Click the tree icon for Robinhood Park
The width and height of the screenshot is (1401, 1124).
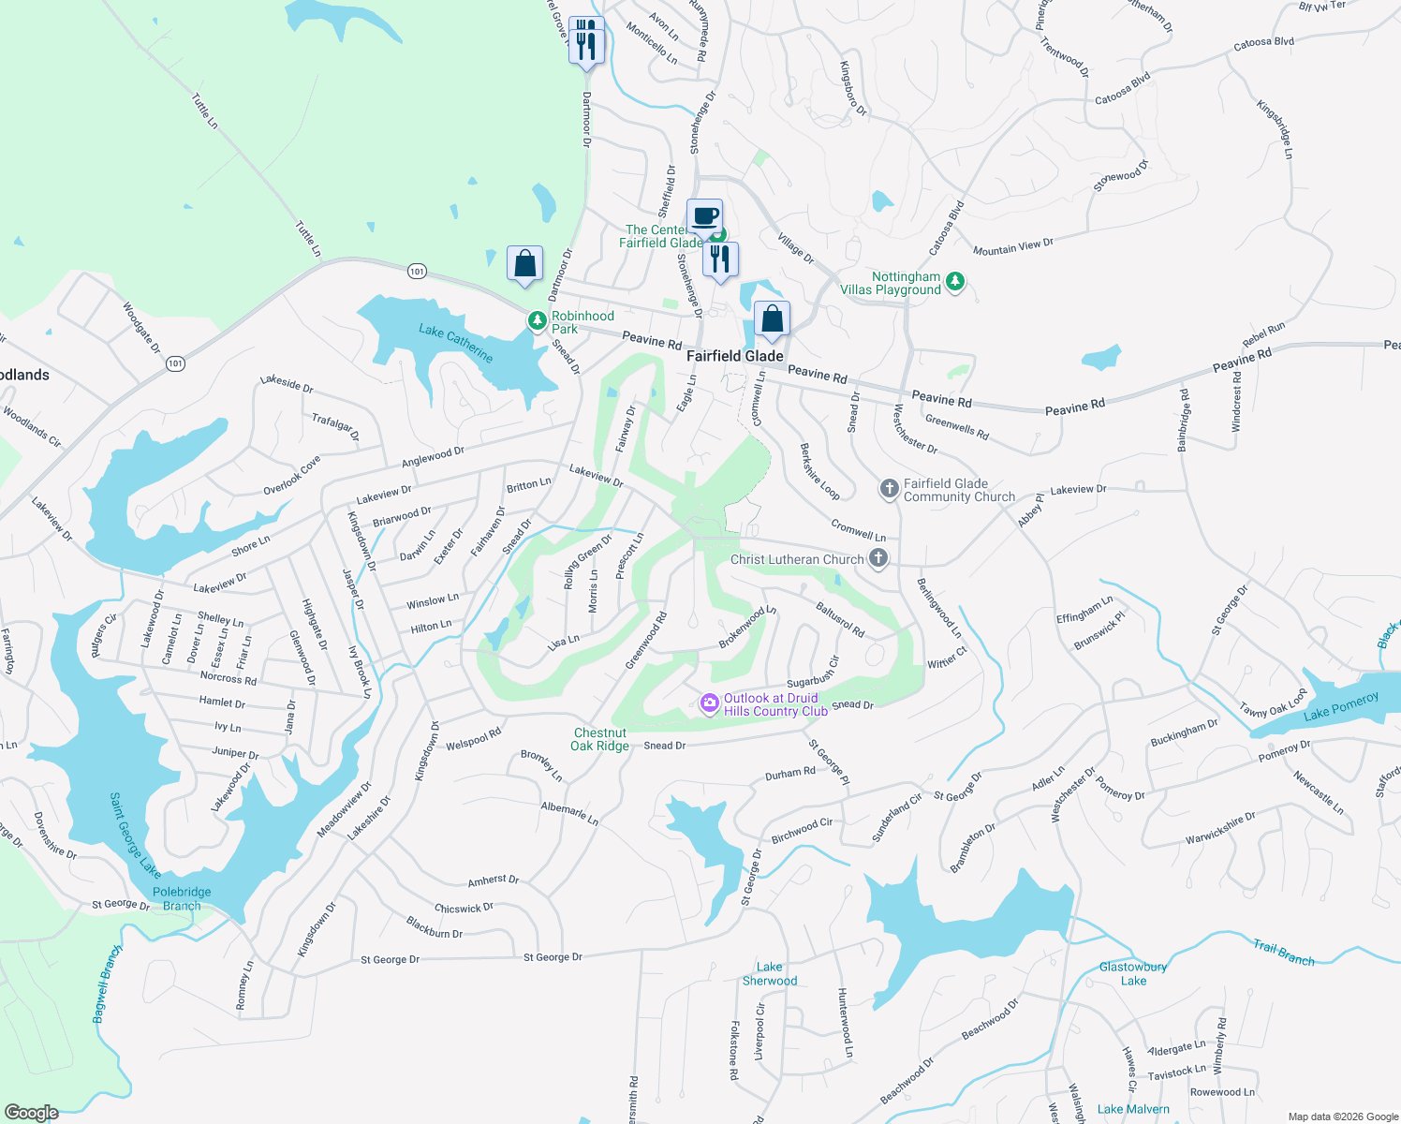click(537, 322)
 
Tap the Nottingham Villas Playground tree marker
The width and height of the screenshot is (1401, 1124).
click(955, 282)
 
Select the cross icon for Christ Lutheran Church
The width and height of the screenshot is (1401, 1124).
click(877, 559)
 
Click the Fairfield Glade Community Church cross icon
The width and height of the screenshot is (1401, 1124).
click(889, 489)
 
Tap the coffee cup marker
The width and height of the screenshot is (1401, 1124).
click(705, 217)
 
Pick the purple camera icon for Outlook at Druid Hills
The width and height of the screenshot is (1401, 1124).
click(709, 702)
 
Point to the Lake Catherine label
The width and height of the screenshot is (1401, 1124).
click(456, 343)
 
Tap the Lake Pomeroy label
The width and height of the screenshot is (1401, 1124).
click(1341, 706)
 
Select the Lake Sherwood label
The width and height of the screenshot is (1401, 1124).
click(770, 974)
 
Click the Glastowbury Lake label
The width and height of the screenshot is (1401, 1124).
click(1133, 974)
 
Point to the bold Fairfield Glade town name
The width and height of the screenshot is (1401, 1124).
click(735, 356)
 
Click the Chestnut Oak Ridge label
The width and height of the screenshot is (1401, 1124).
click(600, 739)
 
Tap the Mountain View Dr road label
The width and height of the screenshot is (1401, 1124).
click(1013, 247)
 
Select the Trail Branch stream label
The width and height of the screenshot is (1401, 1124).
click(1284, 953)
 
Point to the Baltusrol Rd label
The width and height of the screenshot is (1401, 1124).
click(840, 620)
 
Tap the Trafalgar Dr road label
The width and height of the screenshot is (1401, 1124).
click(335, 427)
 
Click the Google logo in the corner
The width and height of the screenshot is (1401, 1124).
click(32, 1112)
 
